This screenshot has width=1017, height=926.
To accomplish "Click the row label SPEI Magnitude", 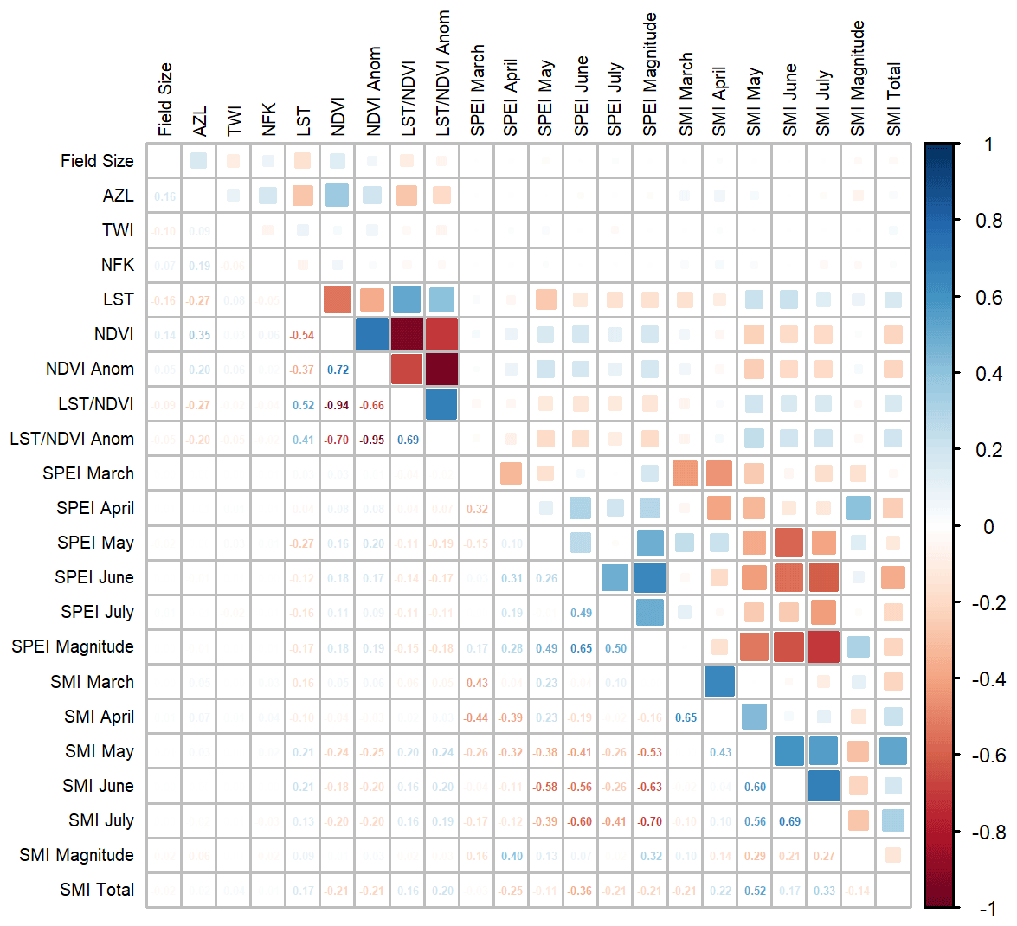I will click(x=73, y=646).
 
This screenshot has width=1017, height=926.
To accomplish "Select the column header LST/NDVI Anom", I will click(x=442, y=74).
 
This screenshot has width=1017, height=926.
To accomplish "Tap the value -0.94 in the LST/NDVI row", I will click(x=338, y=405).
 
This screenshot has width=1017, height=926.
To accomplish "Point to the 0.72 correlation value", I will click(x=338, y=370).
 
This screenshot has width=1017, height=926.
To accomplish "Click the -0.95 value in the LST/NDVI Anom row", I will click(x=373, y=440).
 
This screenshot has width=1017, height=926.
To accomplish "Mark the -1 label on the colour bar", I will click(x=988, y=908).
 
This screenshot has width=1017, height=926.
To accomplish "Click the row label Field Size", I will click(x=97, y=161).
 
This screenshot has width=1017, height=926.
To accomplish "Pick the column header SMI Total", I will click(x=894, y=100).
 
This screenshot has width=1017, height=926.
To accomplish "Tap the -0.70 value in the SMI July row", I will click(x=650, y=821).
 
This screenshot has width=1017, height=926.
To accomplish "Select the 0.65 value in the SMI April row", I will click(x=686, y=717).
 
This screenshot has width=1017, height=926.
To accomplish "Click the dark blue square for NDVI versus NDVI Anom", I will click(x=372, y=335).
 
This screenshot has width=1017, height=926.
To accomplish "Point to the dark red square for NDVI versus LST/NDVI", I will click(x=407, y=335).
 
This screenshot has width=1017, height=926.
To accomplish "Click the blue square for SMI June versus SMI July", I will click(x=823, y=786).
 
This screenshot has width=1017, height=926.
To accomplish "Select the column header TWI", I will click(x=234, y=121).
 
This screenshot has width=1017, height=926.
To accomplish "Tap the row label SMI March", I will click(x=92, y=682).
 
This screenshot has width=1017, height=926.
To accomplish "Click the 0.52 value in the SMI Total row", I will click(x=755, y=891).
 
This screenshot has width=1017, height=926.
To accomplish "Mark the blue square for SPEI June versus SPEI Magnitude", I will click(x=650, y=577).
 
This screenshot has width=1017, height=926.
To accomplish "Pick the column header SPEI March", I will click(x=477, y=91).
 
